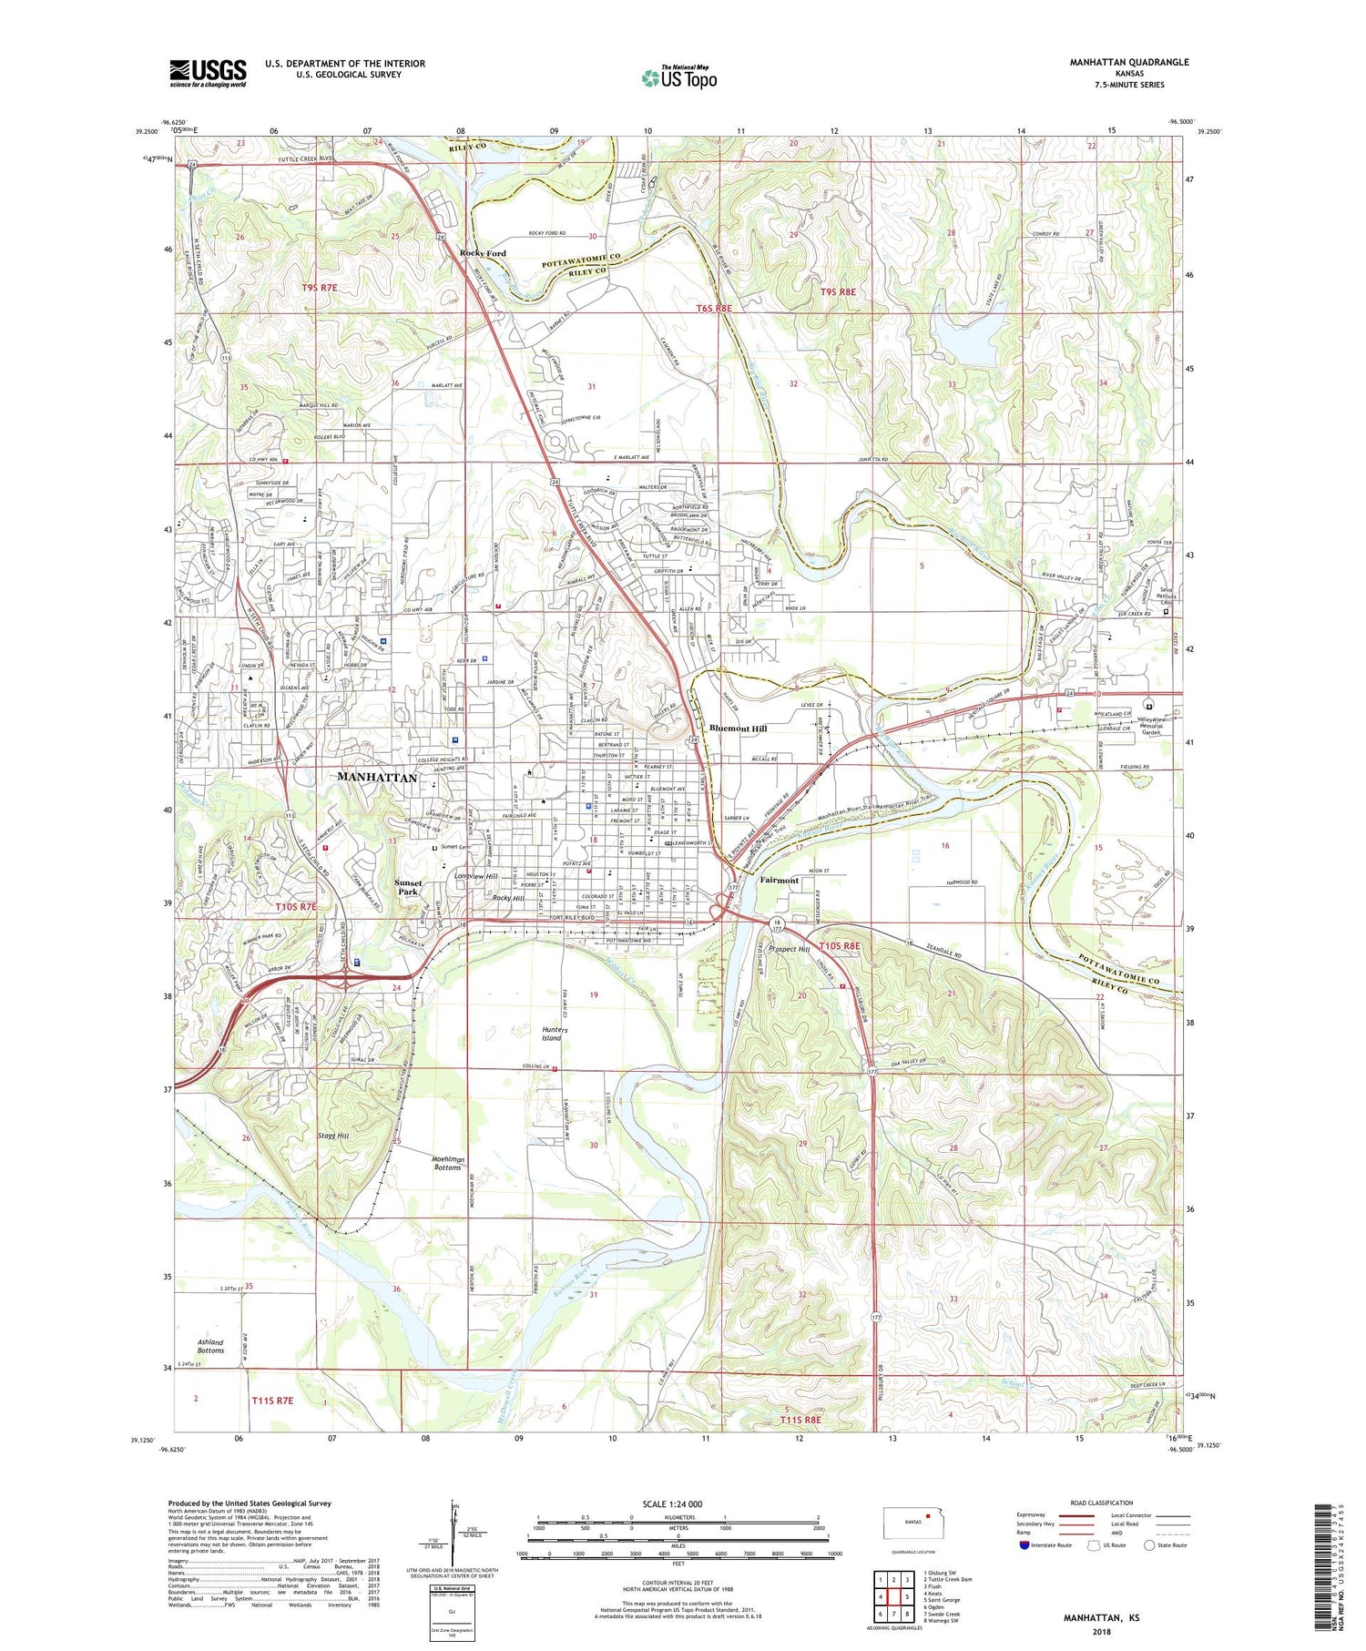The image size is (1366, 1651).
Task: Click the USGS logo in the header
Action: click(x=208, y=73)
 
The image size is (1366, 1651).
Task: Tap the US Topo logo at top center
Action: click(x=678, y=78)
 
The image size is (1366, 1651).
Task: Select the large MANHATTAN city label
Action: click(x=376, y=777)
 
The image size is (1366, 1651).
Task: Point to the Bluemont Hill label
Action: click(x=738, y=729)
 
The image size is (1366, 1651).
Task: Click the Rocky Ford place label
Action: click(x=483, y=253)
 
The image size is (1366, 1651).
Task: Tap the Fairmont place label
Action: click(x=779, y=881)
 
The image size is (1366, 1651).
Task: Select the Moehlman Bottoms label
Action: click(x=447, y=1163)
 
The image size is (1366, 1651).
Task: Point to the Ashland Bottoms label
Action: click(x=210, y=1347)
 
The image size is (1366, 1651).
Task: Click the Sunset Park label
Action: click(x=407, y=887)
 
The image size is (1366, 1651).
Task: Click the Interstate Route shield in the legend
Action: click(x=1024, y=1545)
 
